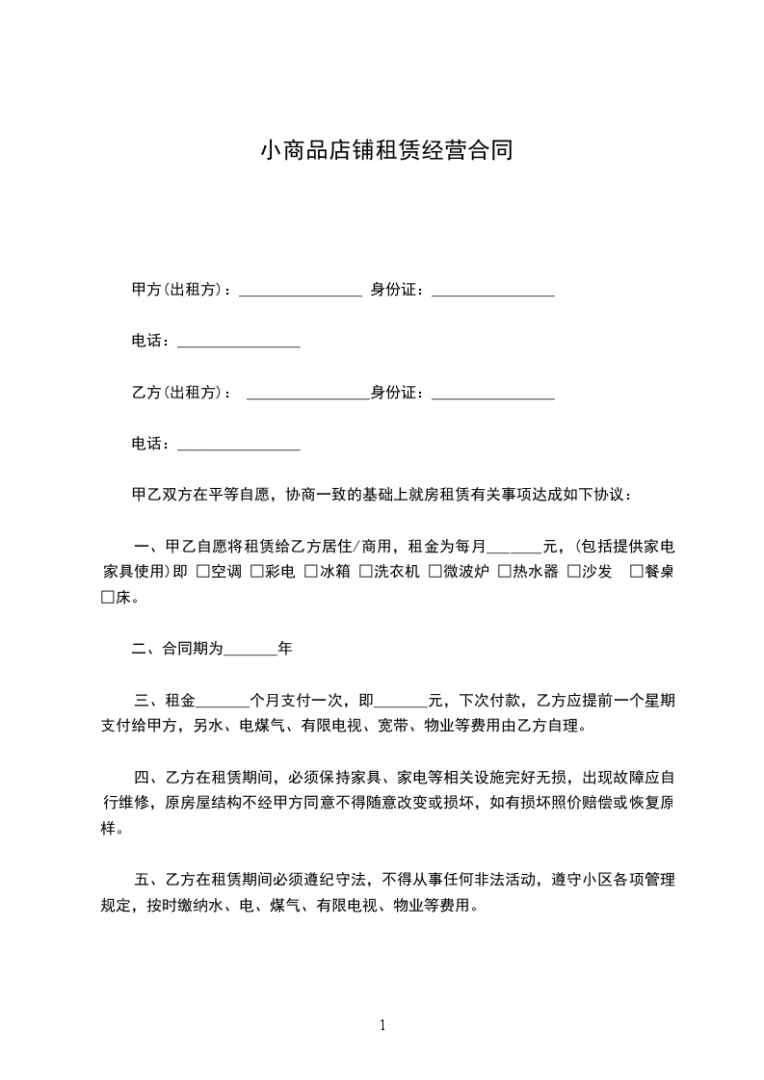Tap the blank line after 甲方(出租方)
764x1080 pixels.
[x=300, y=290]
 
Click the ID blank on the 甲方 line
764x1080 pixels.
[x=492, y=290]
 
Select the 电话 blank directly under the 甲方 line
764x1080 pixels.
[x=239, y=342]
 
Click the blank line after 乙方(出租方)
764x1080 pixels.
[x=308, y=394]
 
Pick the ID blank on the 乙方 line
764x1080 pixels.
[x=492, y=394]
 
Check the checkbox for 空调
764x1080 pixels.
[x=202, y=572]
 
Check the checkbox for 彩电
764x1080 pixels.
[x=257, y=572]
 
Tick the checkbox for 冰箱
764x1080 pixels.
[x=311, y=572]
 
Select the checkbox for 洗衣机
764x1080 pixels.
[x=366, y=572]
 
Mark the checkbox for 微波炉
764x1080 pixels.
[x=435, y=572]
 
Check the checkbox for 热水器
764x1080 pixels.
[x=505, y=572]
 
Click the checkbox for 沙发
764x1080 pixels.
[x=574, y=572]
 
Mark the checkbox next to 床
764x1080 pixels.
[x=108, y=598]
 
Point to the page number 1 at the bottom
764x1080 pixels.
[x=382, y=1025]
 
